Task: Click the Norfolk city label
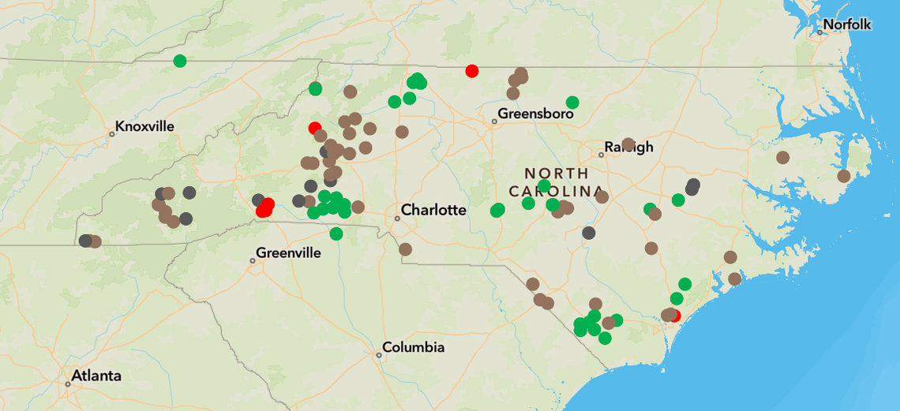[x=847, y=25]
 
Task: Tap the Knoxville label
[x=144, y=126]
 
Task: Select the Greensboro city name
[x=535, y=114]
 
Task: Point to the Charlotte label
[x=433, y=210]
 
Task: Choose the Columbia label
[x=414, y=348]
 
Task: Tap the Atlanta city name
[x=96, y=376]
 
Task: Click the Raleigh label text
[x=629, y=147]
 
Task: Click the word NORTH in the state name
[x=557, y=174]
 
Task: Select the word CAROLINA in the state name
[x=557, y=192]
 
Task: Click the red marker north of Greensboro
[x=472, y=71]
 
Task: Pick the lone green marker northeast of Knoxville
[x=180, y=61]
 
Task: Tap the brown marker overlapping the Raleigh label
[x=628, y=144]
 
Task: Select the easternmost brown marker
[x=843, y=176]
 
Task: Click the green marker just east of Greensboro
[x=572, y=103]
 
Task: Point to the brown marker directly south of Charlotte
[x=405, y=249]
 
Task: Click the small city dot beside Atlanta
[x=68, y=384]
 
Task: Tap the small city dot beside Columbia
[x=379, y=355]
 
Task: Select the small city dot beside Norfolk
[x=819, y=32]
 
